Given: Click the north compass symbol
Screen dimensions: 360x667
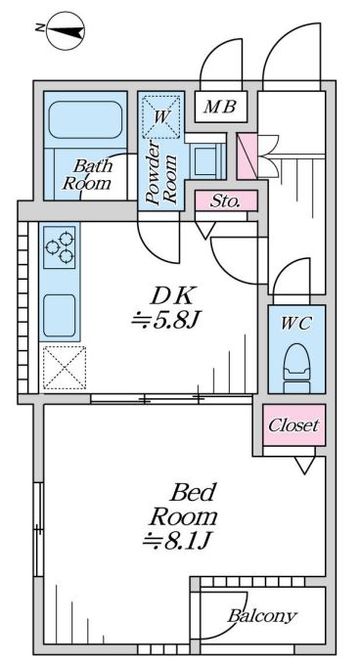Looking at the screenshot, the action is (66, 30).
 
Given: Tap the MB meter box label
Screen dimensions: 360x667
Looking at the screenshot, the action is (219, 107).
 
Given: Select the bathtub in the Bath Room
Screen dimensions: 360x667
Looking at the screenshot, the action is (85, 119).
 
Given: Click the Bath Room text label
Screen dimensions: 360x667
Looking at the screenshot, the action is (88, 174).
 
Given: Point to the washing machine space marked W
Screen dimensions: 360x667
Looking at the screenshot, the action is (160, 117).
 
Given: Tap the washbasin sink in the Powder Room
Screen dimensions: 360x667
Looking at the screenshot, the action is (207, 161).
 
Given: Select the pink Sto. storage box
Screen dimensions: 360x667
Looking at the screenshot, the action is (226, 200).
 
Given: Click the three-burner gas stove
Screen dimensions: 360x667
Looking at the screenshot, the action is (60, 247).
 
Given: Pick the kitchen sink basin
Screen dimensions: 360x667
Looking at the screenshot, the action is (60, 315).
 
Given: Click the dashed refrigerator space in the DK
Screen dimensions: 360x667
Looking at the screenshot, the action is (65, 368).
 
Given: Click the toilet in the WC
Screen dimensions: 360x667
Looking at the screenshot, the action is (296, 367).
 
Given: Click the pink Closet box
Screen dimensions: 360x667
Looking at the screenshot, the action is (294, 424).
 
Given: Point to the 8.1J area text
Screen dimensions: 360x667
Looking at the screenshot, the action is (177, 541).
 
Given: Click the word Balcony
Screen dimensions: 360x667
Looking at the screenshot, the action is (262, 615).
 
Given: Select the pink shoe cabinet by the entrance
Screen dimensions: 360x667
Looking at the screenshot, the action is (247, 156).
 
